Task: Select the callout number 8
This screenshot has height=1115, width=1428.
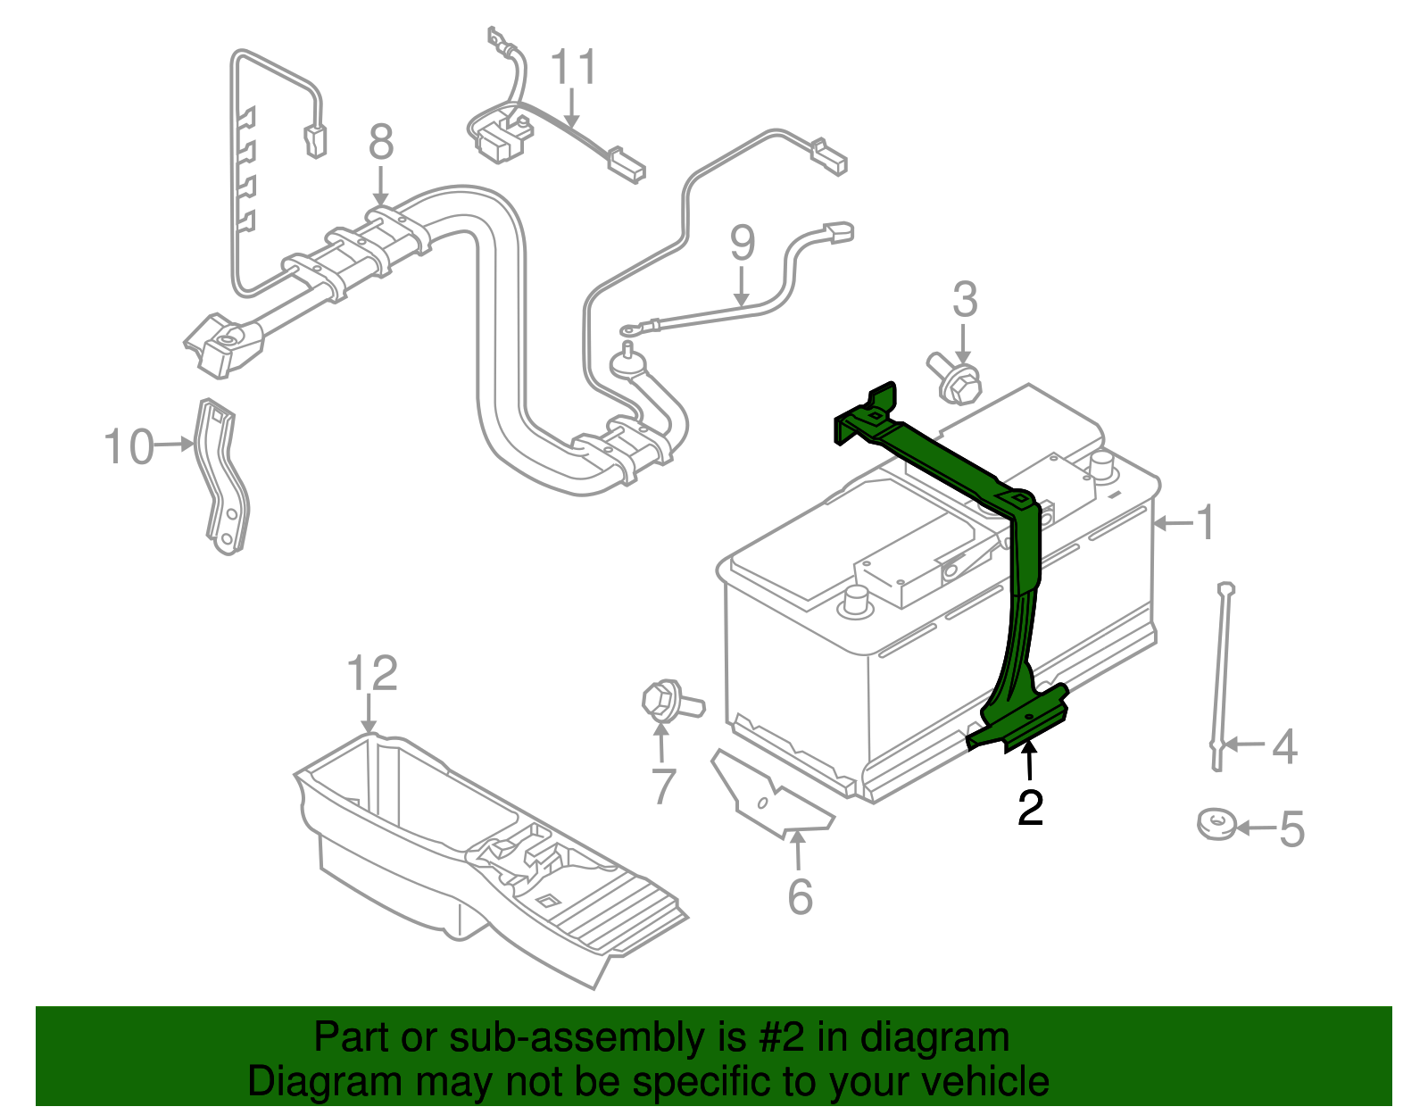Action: tap(381, 142)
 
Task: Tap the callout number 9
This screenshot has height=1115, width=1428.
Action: tap(742, 244)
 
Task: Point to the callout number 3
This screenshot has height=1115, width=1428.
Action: tap(965, 300)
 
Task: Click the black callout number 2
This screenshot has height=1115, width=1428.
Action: tap(1030, 808)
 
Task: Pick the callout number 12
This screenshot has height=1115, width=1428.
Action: tap(371, 674)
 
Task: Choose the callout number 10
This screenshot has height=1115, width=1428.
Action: tap(129, 446)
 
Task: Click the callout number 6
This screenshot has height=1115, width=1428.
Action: tap(800, 896)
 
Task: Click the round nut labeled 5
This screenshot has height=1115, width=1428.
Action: tap(1216, 824)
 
